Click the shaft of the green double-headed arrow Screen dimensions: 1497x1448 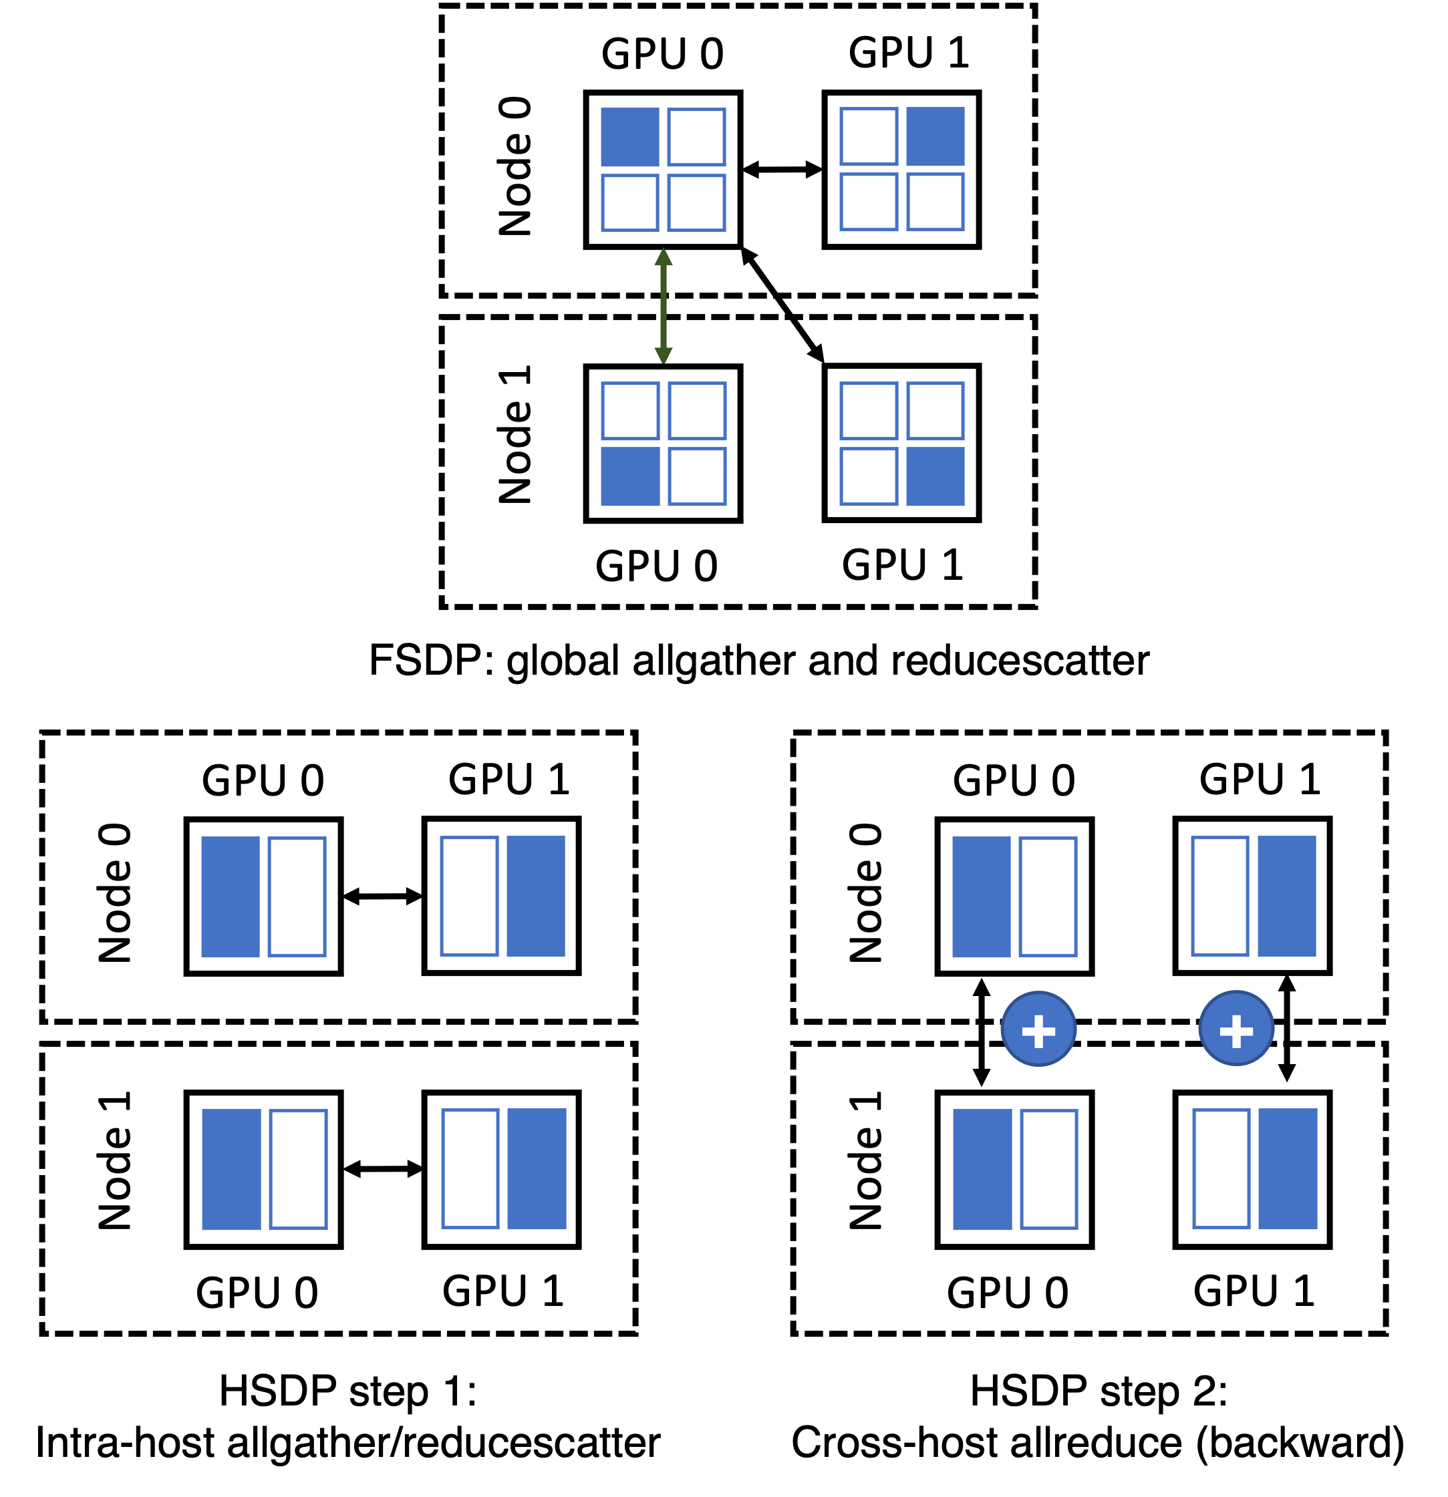click(x=664, y=305)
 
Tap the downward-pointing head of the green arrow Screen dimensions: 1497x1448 click(x=664, y=355)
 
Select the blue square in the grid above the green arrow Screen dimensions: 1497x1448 click(x=629, y=137)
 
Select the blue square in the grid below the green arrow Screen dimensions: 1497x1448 click(x=629, y=476)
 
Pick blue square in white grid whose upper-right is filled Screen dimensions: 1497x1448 click(x=935, y=136)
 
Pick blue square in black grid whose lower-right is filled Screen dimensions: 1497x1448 click(x=935, y=476)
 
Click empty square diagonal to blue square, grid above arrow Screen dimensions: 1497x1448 click(x=696, y=203)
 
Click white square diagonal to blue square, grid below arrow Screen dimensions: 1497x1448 click(x=697, y=411)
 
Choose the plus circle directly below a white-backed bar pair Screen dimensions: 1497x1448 click(x=1236, y=1028)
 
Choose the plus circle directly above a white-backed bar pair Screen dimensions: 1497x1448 click(x=1038, y=1028)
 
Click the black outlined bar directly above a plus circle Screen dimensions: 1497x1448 click(x=1048, y=896)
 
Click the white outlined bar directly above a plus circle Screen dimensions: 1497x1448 click(x=1220, y=896)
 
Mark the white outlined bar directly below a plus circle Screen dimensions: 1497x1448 click(x=1049, y=1168)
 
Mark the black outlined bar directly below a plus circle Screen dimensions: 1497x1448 click(x=1221, y=1168)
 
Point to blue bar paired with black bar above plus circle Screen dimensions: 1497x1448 click(x=981, y=896)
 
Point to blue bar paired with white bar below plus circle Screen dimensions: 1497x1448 click(x=983, y=1168)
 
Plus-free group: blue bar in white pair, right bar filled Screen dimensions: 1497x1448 click(x=536, y=896)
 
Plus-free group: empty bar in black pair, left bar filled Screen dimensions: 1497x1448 click(x=297, y=896)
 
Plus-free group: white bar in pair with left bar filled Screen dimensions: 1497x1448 click(x=298, y=1168)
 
